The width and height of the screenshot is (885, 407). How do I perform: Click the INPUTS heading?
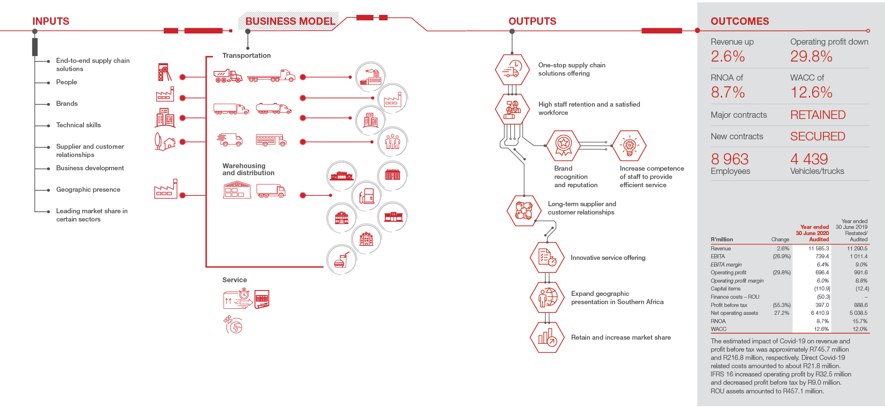(x=51, y=21)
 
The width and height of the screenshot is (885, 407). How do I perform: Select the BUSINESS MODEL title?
(x=290, y=21)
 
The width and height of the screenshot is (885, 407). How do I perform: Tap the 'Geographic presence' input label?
(x=88, y=189)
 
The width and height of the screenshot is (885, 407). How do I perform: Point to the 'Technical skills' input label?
(x=79, y=125)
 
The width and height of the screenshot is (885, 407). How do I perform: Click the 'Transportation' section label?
(x=246, y=55)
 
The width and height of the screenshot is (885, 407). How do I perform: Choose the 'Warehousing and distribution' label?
(x=248, y=169)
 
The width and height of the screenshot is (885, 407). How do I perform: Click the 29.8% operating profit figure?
(x=811, y=56)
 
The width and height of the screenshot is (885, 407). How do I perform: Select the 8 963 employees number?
(x=730, y=159)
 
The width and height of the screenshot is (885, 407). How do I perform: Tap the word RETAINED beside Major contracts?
(x=818, y=115)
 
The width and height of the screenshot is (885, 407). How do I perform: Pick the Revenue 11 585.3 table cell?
(x=818, y=248)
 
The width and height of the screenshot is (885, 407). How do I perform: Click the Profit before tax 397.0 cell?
(x=822, y=305)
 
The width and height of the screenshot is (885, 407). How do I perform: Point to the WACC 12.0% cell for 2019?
(x=860, y=329)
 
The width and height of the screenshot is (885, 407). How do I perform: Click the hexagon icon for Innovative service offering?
(x=547, y=257)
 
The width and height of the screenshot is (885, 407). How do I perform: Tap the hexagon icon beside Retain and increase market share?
(x=547, y=337)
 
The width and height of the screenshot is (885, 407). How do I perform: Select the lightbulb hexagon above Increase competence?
(x=629, y=145)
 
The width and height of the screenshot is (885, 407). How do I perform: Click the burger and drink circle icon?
(x=341, y=259)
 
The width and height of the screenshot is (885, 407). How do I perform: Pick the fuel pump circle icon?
(x=367, y=196)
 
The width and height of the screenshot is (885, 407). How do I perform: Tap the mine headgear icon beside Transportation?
(x=165, y=72)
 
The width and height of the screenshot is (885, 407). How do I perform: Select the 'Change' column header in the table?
(x=780, y=239)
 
